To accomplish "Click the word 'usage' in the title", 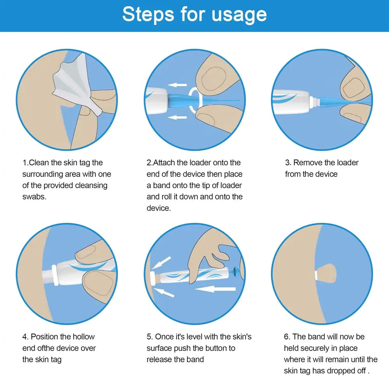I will pyautogui.click(x=239, y=14).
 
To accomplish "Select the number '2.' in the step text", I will pyautogui.click(x=149, y=163).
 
